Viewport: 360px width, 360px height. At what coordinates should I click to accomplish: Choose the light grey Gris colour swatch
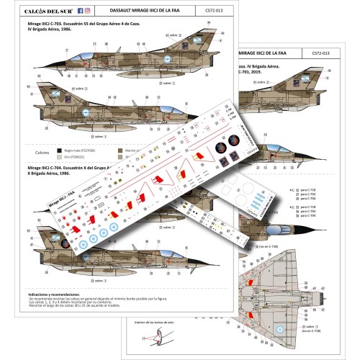tap(58, 155)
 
